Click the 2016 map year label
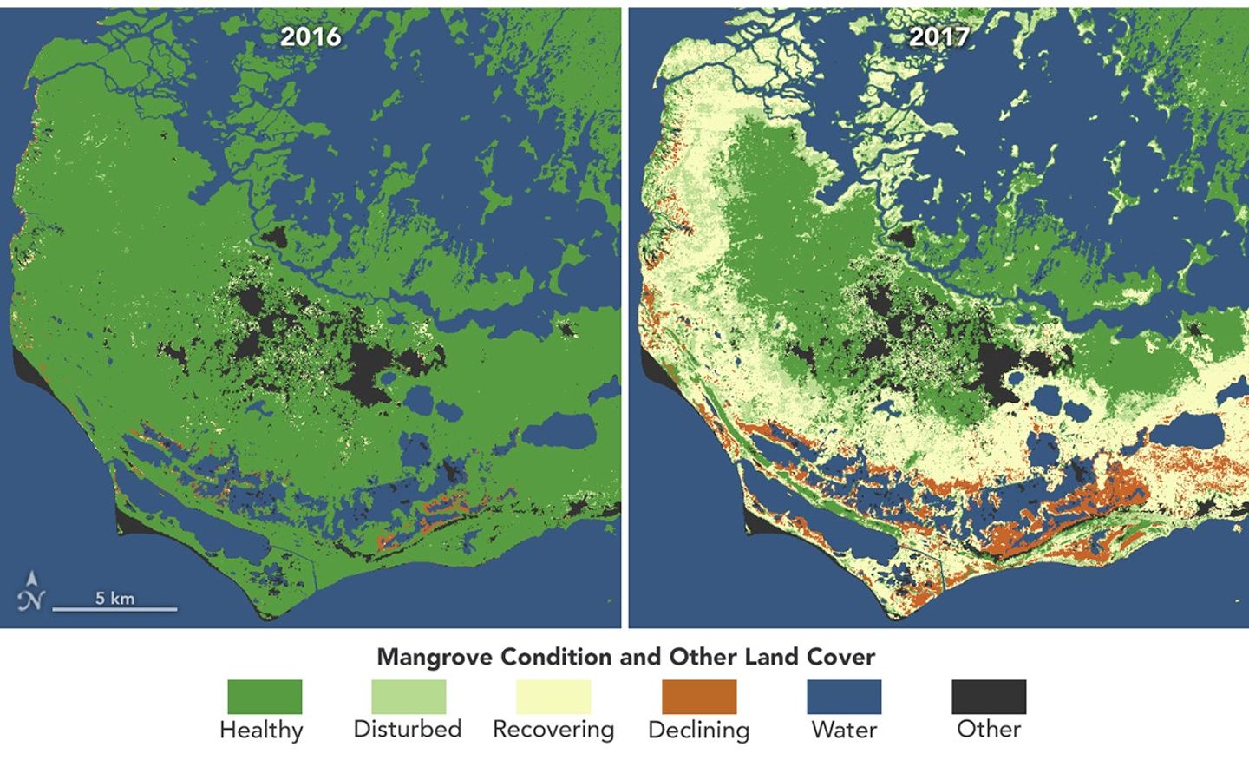tap(311, 36)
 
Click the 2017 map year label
tap(939, 36)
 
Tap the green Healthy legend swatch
tap(265, 697)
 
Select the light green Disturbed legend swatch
tap(409, 697)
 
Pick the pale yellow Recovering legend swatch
tap(553, 697)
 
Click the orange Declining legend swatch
tap(699, 697)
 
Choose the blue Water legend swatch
tap(844, 697)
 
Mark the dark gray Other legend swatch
tap(989, 697)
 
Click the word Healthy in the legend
tap(261, 730)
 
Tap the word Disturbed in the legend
tap(408, 729)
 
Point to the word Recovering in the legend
tap(553, 730)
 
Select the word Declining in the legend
tap(699, 730)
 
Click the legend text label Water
tap(844, 730)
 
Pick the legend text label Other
tap(989, 729)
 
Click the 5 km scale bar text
tap(114, 598)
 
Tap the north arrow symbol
tap(31, 591)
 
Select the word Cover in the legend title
tap(840, 657)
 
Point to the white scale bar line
tap(114, 609)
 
